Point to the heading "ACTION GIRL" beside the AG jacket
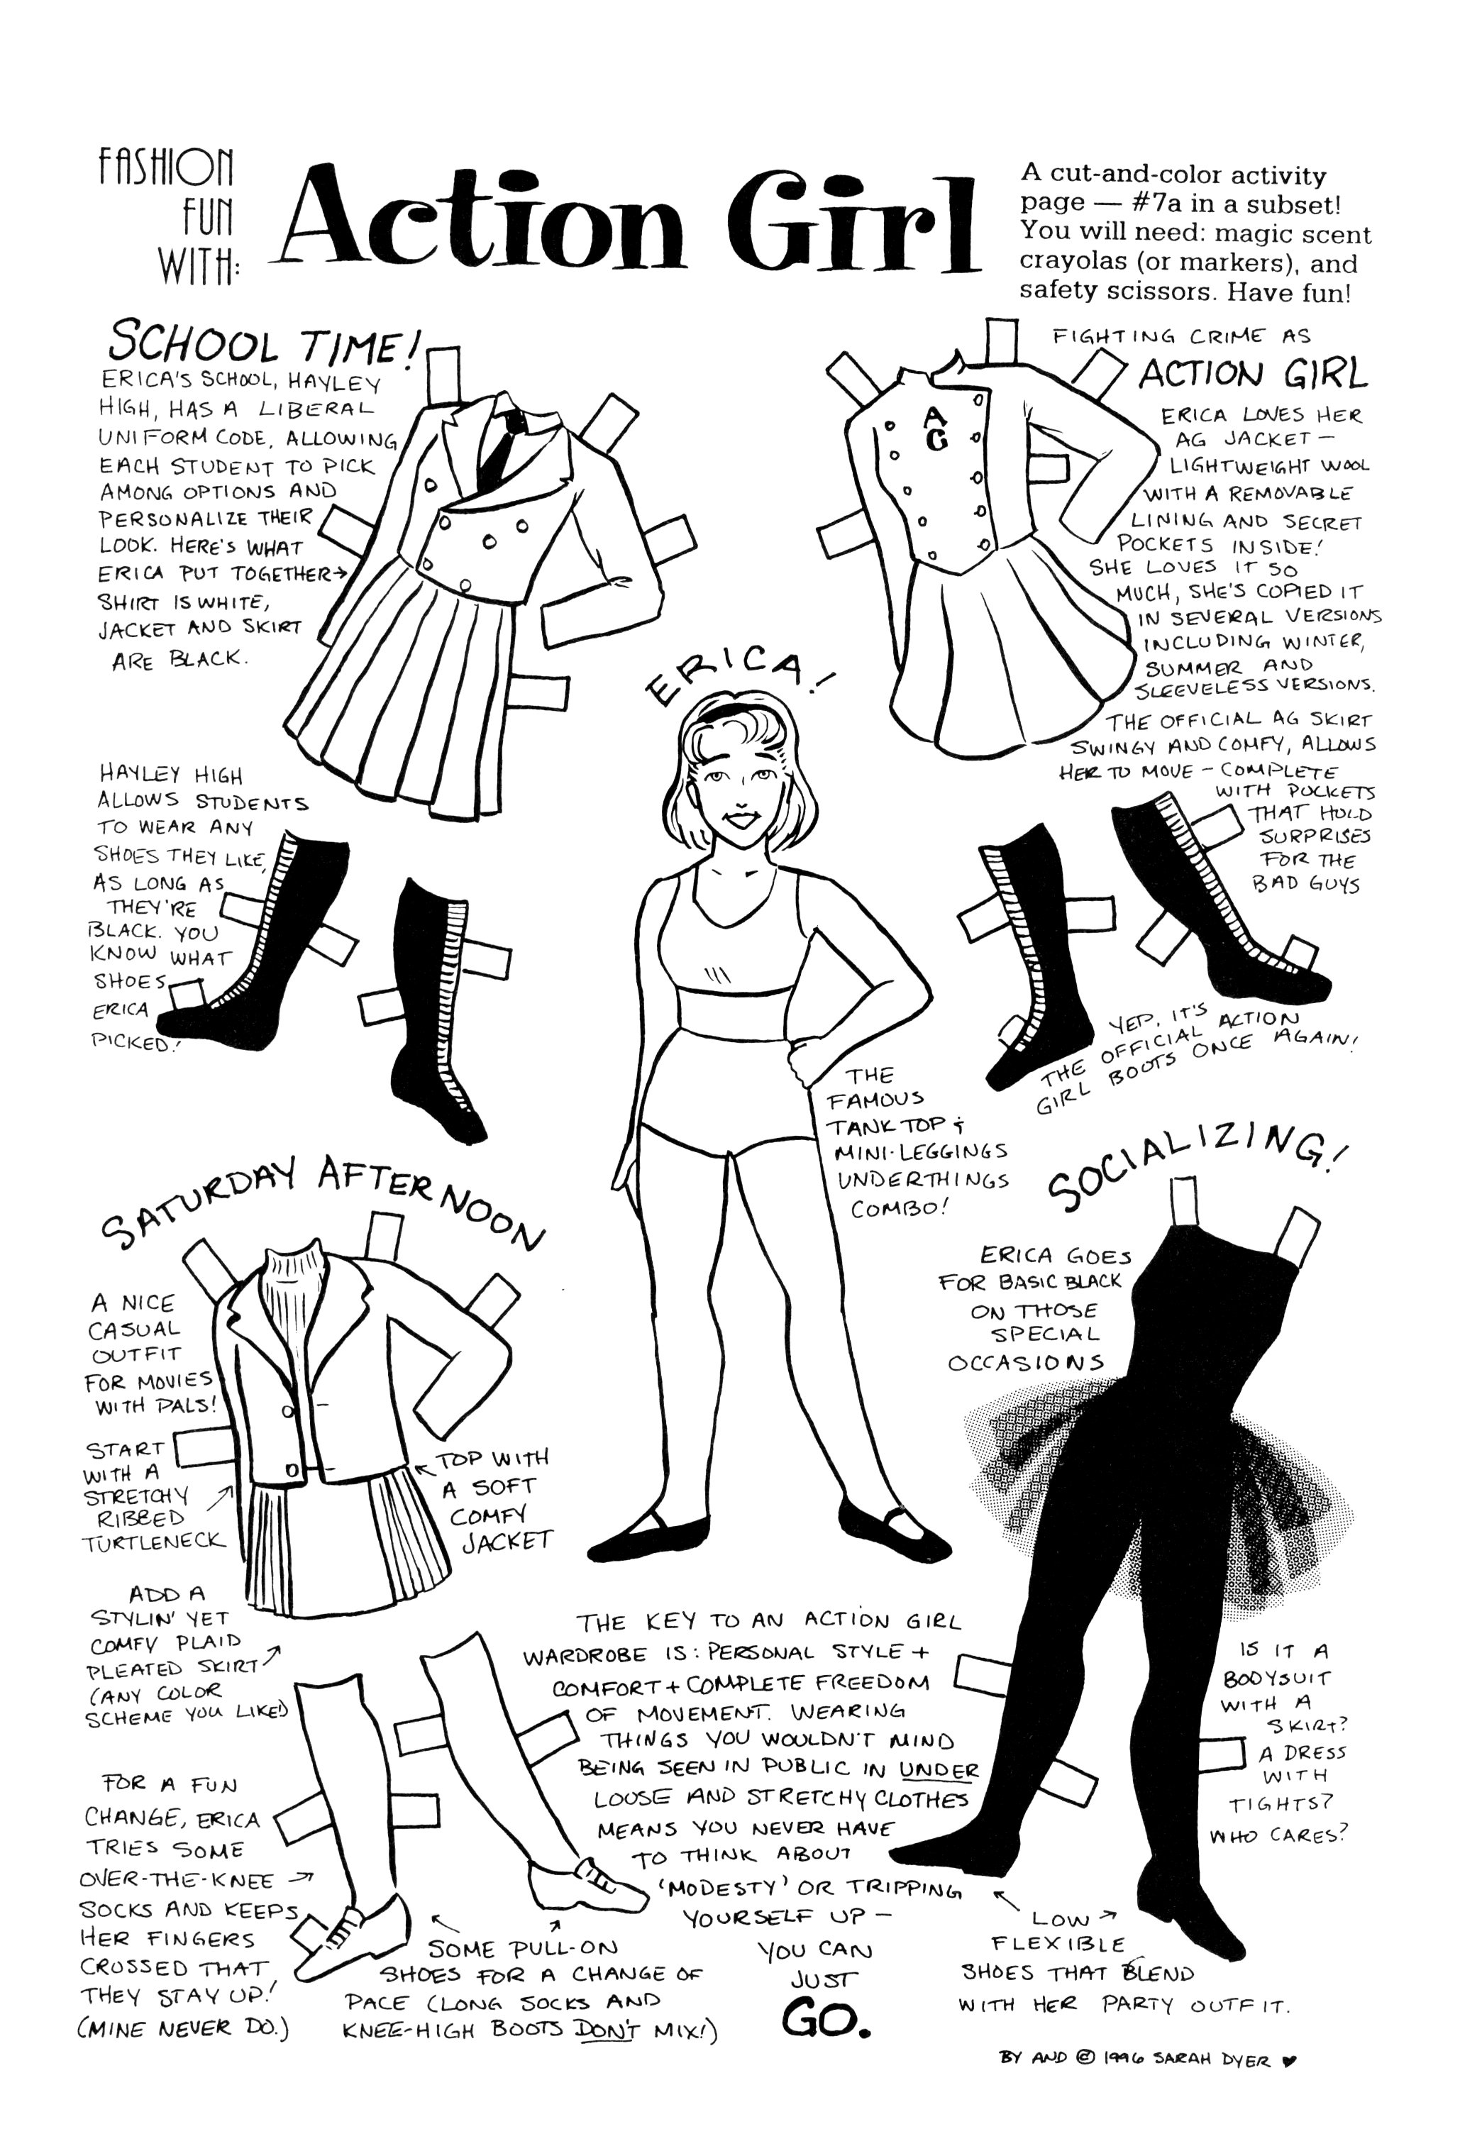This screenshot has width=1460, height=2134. (x=1252, y=375)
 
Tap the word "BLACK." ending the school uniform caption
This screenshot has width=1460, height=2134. (x=208, y=658)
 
